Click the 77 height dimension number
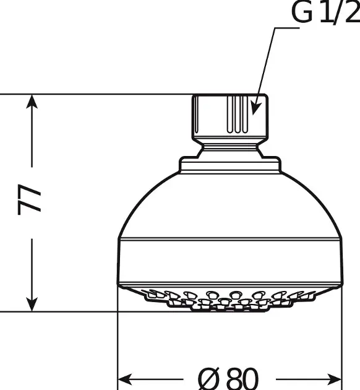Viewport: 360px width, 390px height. point(29,199)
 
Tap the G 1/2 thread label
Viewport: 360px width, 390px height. point(326,13)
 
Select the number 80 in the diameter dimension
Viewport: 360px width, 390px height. point(242,379)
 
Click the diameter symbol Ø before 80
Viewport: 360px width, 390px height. point(210,379)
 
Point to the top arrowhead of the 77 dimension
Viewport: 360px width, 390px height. point(32,102)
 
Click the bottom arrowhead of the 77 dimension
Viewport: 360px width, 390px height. point(32,304)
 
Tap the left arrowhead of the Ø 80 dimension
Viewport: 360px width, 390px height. point(125,379)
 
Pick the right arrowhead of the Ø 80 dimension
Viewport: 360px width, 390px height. point(335,379)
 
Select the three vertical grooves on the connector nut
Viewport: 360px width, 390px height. point(238,114)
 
